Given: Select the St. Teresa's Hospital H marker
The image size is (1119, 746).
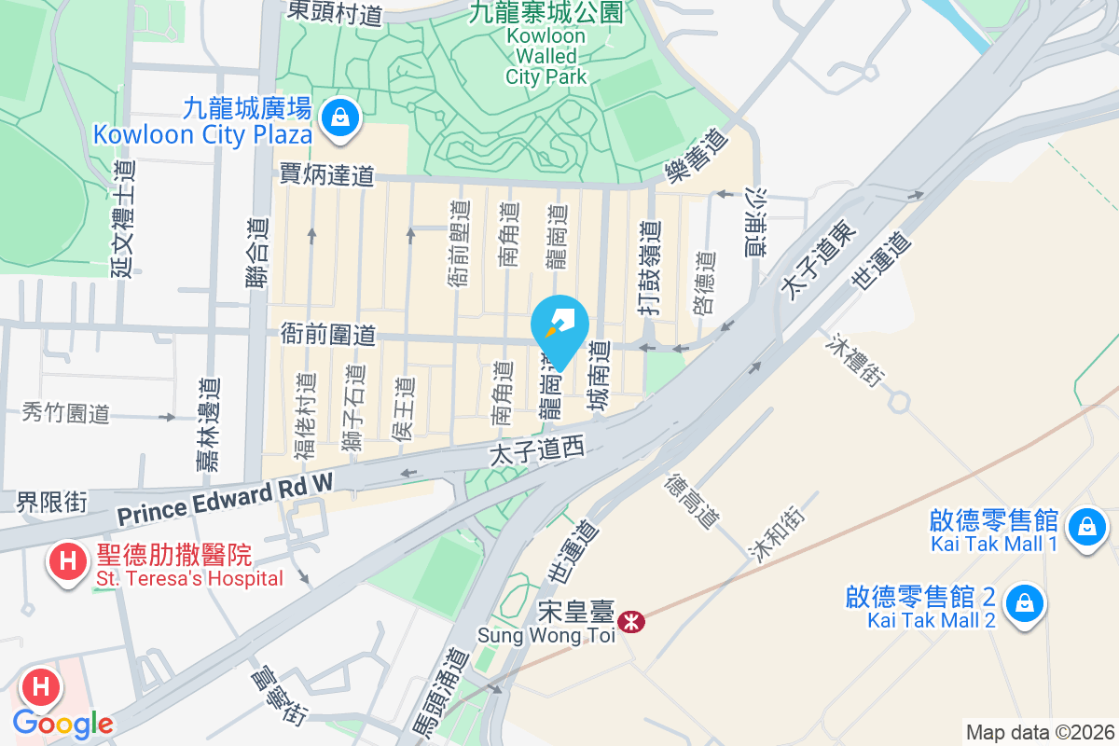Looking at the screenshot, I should click(x=67, y=562).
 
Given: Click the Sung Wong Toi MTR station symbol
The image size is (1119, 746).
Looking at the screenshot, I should click(x=632, y=621).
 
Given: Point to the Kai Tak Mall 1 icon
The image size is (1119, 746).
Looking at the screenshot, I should click(x=1086, y=527).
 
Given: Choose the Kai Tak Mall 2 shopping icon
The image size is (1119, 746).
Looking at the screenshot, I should click(x=1025, y=603).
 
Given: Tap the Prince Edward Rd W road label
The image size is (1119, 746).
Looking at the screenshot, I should click(x=225, y=500).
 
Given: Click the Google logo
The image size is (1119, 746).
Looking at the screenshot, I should click(x=63, y=723).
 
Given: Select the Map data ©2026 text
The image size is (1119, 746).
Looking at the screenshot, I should click(x=1040, y=732).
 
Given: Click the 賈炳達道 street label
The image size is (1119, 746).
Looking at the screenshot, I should click(x=326, y=174).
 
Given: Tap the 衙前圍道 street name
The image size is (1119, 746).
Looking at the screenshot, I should click(x=327, y=335).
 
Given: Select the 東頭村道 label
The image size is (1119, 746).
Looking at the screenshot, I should click(x=334, y=12).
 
